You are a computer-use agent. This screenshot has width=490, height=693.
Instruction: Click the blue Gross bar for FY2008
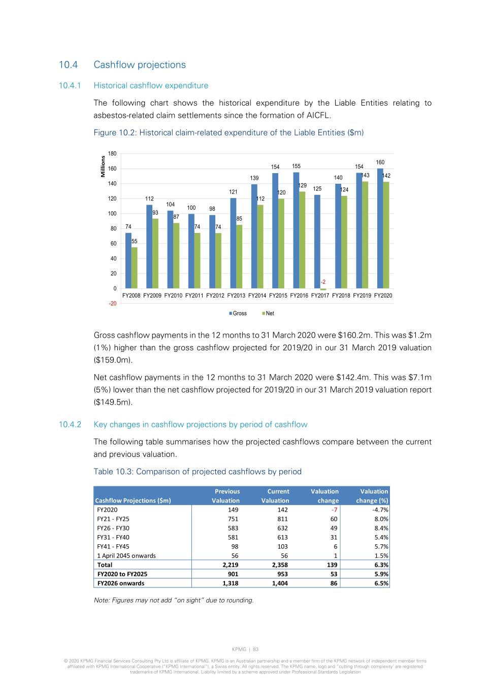(128, 260)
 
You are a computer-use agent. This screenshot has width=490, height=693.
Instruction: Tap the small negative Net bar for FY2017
(323, 289)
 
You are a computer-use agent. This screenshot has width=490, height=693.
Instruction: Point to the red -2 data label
(323, 282)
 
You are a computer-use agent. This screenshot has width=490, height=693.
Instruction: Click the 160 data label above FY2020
(380, 162)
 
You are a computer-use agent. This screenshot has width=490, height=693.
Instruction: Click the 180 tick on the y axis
(112, 153)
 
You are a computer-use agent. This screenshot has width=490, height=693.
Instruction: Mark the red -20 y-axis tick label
(112, 304)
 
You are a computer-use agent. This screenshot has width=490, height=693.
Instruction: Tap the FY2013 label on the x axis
(236, 295)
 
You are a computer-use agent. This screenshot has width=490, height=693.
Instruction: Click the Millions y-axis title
(103, 167)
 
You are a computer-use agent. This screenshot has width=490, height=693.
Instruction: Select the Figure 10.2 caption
(228, 133)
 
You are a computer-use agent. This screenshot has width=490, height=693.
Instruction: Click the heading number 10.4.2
(70, 424)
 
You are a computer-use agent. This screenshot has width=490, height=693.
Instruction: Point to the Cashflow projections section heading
(140, 64)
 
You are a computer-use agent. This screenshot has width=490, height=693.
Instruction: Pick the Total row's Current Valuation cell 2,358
(280, 565)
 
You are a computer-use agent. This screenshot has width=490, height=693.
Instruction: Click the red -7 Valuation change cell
(334, 510)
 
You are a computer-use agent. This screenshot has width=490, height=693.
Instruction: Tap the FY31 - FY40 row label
(113, 537)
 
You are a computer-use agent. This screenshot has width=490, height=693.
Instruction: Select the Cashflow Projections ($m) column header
(133, 501)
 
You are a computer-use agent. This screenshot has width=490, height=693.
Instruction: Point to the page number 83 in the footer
(256, 649)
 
